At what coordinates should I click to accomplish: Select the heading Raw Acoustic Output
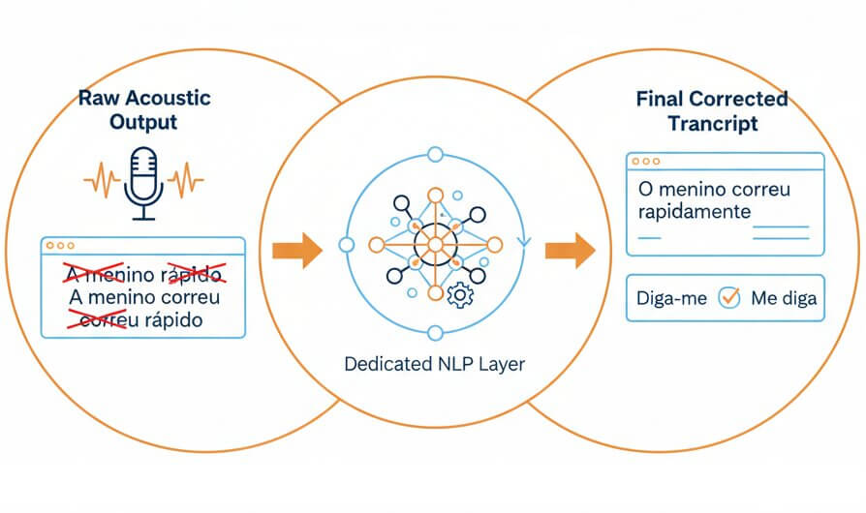[144, 110]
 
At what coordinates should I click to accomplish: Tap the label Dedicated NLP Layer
[434, 365]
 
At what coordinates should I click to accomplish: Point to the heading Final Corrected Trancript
[712, 111]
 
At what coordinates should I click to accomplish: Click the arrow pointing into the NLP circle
[296, 250]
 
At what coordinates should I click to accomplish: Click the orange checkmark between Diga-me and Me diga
[728, 299]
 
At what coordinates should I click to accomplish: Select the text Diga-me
[671, 299]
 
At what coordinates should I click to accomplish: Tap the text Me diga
[783, 299]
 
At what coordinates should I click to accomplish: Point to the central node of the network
[434, 244]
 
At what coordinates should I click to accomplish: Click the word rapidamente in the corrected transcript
[694, 211]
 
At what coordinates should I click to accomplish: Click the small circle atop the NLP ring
[434, 154]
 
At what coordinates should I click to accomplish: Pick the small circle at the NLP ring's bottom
[434, 334]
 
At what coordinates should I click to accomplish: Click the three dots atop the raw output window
[63, 246]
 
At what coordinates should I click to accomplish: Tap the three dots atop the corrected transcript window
[646, 161]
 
